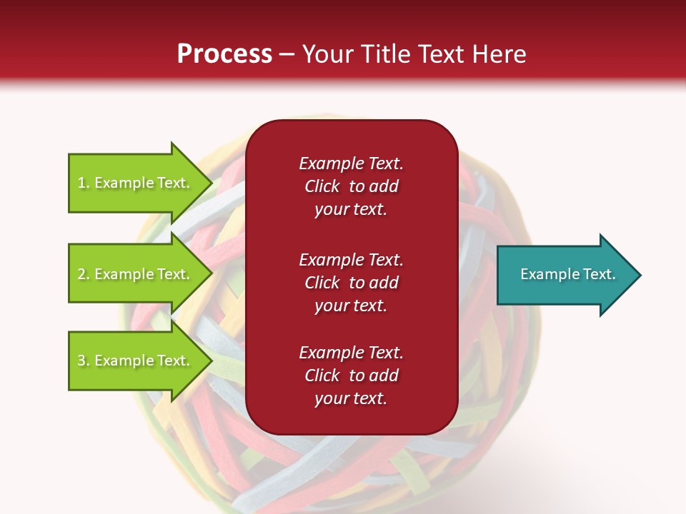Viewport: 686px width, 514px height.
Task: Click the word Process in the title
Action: coord(224,54)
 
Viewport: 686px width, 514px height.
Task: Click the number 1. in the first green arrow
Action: coord(84,183)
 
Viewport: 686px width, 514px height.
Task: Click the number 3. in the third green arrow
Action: coord(84,361)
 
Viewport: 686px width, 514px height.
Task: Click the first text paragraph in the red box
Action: coord(351,186)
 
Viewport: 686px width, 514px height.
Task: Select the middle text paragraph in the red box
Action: coord(351,283)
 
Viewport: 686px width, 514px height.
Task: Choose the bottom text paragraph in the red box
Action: coord(351,376)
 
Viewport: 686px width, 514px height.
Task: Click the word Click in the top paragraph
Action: coord(322,186)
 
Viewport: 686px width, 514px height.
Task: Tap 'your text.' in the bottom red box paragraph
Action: coord(351,398)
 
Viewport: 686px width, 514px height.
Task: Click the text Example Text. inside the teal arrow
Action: coord(567,274)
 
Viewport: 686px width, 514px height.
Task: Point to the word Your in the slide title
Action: coord(327,54)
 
